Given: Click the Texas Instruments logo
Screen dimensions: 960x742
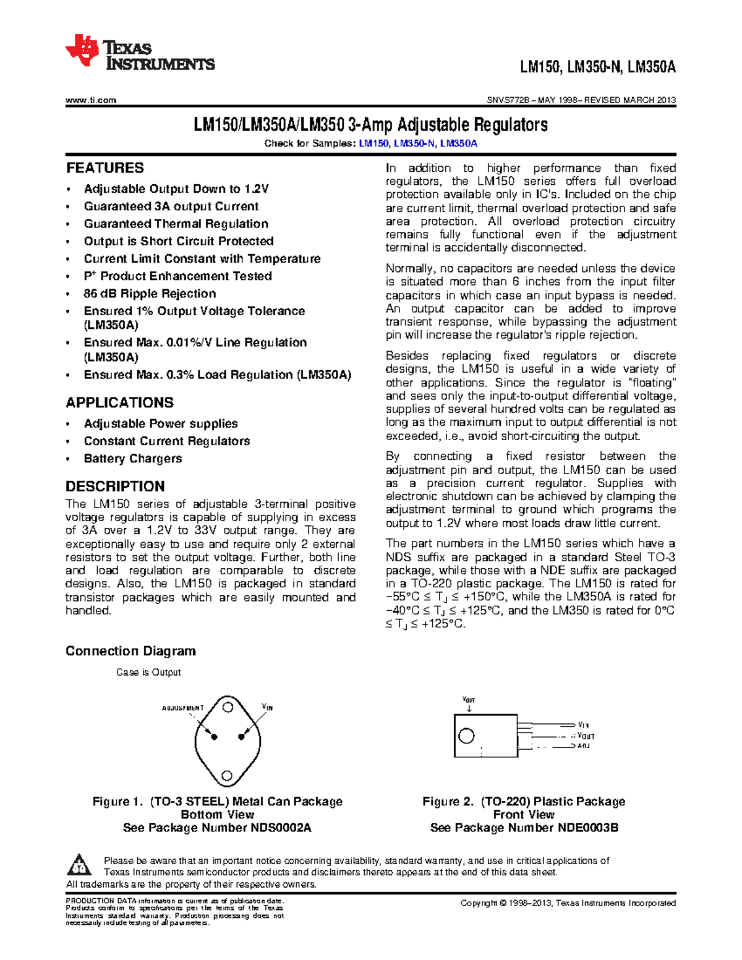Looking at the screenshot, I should tap(140, 53).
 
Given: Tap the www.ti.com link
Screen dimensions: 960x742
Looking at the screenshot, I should tap(91, 100).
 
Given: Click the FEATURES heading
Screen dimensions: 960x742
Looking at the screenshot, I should tap(104, 168).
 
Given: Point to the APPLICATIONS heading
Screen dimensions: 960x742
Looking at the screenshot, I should tap(119, 403).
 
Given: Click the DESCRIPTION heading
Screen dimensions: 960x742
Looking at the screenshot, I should tap(115, 486).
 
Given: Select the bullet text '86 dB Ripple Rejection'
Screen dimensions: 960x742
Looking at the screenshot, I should tap(150, 294).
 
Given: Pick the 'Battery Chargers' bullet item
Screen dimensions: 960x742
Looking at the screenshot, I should tap(132, 459).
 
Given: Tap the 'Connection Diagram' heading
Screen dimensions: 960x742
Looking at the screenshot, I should tap(130, 651).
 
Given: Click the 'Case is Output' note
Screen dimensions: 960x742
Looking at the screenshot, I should tap(148, 672).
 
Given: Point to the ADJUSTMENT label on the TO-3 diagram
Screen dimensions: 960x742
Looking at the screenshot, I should tap(182, 708).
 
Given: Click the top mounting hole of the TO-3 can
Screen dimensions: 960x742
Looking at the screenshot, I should tap(228, 706).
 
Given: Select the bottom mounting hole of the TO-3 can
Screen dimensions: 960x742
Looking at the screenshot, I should tap(227, 776).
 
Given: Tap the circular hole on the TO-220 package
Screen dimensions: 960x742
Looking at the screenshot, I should tap(466, 736).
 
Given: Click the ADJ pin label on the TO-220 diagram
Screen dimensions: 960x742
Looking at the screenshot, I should tap(583, 746).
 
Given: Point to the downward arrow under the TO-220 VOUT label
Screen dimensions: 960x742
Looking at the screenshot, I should tap(469, 708).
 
